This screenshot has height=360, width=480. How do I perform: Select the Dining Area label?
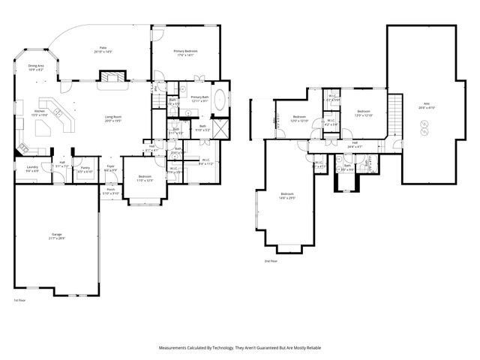tap(36, 66)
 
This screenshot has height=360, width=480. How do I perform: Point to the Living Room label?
tap(113, 116)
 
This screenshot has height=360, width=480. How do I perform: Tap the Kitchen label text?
tap(39, 111)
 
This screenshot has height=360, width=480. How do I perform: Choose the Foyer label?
tap(110, 166)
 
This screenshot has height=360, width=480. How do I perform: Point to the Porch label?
tap(110, 190)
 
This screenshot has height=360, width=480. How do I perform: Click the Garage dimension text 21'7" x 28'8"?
tap(57, 238)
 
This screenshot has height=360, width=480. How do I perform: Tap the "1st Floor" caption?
tap(20, 299)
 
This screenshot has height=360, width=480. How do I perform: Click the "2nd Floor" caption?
tap(271, 261)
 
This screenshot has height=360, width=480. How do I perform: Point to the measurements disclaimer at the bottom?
tap(240, 348)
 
